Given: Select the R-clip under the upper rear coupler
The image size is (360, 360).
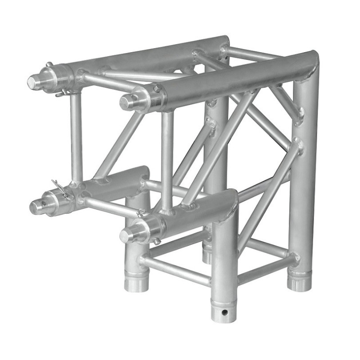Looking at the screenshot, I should pos(63,93).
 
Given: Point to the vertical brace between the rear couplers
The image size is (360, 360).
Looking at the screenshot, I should pos(76,135).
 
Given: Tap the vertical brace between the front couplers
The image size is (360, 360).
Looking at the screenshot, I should pos(167,160).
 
